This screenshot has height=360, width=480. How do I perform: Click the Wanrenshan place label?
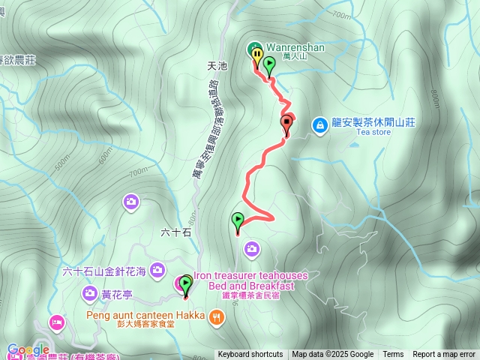click(x=295, y=48)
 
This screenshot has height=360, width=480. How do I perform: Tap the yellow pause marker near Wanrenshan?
click(x=257, y=55)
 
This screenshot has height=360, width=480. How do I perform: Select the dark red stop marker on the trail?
click(x=286, y=124)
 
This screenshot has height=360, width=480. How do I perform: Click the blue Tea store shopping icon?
click(x=319, y=123)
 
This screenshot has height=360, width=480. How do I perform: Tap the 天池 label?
click(x=216, y=66)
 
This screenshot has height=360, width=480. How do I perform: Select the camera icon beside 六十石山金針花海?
click(x=157, y=268)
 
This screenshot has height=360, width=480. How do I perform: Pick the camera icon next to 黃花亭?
click(x=90, y=292)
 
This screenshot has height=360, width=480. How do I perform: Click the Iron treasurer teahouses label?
click(x=250, y=276)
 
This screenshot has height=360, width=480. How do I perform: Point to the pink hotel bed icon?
click(x=57, y=322)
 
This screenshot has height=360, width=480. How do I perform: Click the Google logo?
click(x=28, y=349)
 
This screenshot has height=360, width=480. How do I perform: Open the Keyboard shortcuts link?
click(x=250, y=355)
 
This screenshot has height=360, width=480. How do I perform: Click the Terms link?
click(x=393, y=355)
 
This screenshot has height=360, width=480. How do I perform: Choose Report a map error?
click(x=444, y=355)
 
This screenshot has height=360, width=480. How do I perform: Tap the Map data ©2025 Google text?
click(x=332, y=355)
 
